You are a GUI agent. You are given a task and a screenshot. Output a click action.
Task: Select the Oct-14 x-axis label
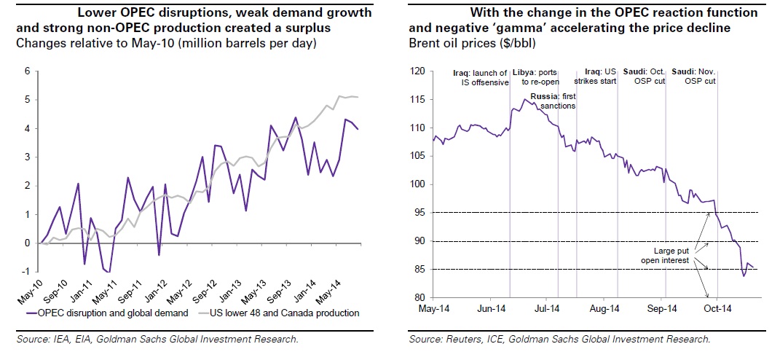(x=717, y=308)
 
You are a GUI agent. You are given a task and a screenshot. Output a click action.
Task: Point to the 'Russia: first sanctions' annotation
(x=553, y=101)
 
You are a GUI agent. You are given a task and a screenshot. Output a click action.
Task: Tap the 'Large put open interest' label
(x=666, y=254)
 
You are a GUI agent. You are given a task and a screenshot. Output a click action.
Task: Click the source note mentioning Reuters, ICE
(x=559, y=339)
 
